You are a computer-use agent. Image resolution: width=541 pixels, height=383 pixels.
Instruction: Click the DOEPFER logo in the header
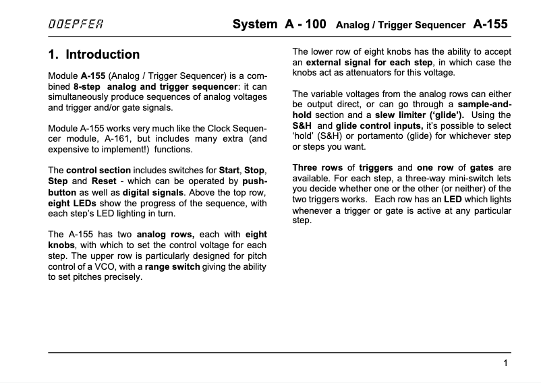click(x=76, y=26)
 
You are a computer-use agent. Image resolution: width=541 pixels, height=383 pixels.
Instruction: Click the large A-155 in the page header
click(x=490, y=24)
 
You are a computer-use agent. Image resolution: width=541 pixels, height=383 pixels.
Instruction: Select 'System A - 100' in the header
click(x=279, y=24)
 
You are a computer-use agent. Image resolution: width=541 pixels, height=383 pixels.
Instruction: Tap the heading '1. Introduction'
click(x=94, y=55)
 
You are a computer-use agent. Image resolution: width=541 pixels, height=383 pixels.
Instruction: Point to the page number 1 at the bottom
click(x=505, y=363)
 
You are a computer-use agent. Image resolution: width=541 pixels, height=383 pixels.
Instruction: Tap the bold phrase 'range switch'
click(x=172, y=266)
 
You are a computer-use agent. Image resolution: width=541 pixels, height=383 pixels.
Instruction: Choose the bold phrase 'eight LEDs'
click(x=72, y=203)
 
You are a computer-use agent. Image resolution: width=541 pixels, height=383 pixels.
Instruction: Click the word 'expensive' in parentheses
click(x=69, y=150)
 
